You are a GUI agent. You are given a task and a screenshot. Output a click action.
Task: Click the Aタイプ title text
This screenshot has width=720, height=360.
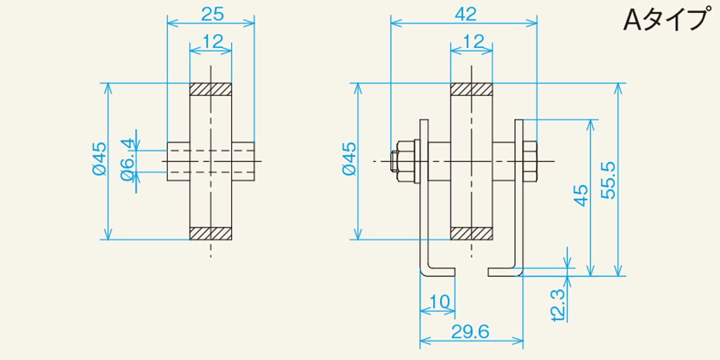pos(665,20)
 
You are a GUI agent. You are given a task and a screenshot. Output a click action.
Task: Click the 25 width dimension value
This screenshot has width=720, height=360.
pos(212,14)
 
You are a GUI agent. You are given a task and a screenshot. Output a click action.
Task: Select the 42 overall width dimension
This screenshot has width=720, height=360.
pos(466,14)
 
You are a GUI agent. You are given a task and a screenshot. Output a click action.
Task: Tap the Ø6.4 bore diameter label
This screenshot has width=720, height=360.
pos(127,160)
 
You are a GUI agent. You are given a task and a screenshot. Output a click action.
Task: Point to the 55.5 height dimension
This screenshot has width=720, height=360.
pos(608,181)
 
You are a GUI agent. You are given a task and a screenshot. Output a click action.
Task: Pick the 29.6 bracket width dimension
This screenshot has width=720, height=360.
pos(470,332)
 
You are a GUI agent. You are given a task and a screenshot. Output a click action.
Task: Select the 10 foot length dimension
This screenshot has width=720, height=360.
pos(439,302)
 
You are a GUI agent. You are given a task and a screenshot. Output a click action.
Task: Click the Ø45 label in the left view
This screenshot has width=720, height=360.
pos(99,159)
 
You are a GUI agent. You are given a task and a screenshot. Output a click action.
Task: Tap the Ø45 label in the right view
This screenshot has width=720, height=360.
pos(349,159)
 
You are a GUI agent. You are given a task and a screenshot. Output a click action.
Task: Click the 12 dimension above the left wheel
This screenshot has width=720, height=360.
pos(212,41)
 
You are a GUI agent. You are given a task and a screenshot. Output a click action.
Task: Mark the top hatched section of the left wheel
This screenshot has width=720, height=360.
pos(211,89)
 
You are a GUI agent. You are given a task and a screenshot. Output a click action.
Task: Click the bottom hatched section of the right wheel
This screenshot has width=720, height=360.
pos(472,233)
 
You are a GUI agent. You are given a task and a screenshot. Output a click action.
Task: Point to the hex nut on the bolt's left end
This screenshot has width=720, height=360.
pos(406,161)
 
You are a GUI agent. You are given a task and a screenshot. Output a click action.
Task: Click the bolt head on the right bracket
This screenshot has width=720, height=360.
pos(530,161)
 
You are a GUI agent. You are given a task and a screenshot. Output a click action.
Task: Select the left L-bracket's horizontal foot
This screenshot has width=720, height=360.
pos(439,272)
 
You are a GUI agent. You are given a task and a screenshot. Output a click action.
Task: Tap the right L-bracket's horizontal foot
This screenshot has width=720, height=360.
pos(505,272)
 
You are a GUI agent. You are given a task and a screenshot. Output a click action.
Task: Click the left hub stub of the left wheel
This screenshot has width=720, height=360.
pos(178,161)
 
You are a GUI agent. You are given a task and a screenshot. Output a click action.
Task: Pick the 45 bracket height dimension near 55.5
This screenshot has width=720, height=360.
pos(581,196)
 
